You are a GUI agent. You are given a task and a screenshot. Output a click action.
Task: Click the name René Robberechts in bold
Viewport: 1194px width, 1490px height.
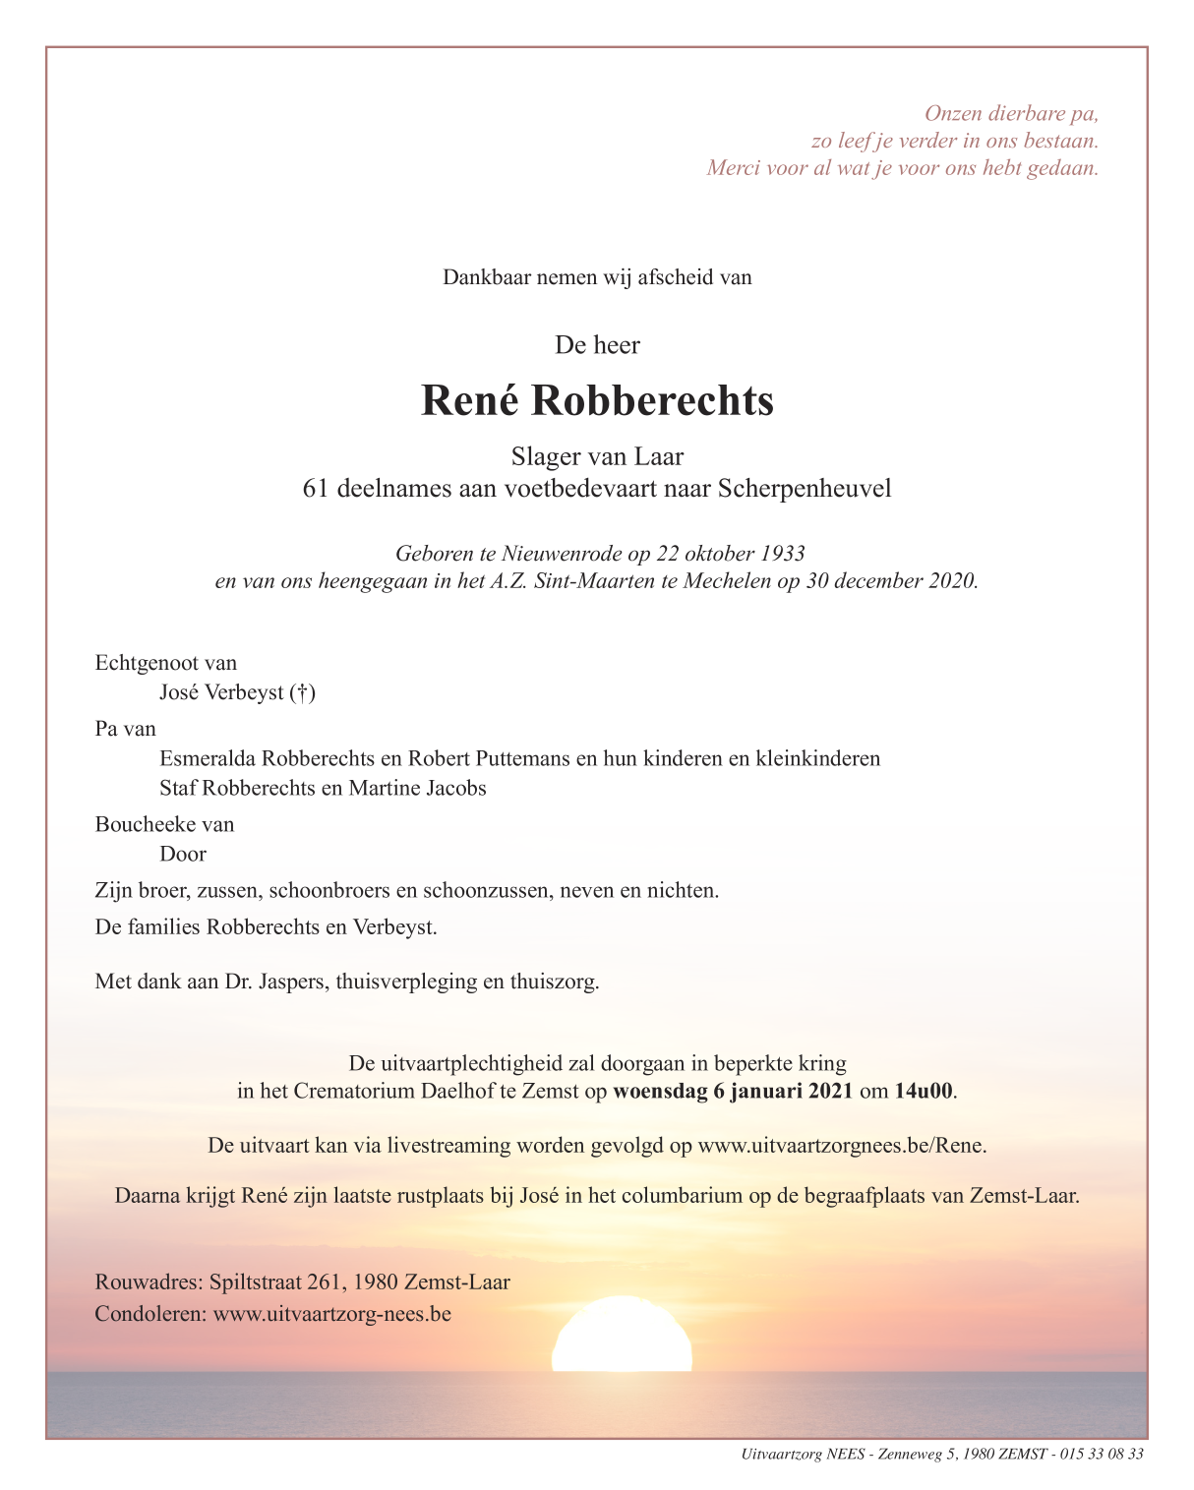click(x=597, y=401)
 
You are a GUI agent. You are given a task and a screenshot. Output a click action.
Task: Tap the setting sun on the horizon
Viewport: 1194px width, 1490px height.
click(x=622, y=1338)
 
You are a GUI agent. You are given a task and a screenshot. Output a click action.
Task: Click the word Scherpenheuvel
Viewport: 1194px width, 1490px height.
click(x=805, y=489)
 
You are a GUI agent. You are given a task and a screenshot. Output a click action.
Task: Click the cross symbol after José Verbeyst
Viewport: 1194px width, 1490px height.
click(x=303, y=693)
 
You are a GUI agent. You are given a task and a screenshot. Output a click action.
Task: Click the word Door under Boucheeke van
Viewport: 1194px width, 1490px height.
click(x=183, y=854)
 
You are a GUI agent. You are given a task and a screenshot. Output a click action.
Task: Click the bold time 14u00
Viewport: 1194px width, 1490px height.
click(x=924, y=1091)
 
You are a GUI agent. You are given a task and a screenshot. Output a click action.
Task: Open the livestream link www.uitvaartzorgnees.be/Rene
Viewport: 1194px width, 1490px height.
click(x=842, y=1146)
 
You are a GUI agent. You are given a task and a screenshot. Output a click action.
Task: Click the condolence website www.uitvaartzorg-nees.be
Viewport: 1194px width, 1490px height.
click(x=332, y=1314)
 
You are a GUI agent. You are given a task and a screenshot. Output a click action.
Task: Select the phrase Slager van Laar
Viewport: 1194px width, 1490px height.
click(x=597, y=456)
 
